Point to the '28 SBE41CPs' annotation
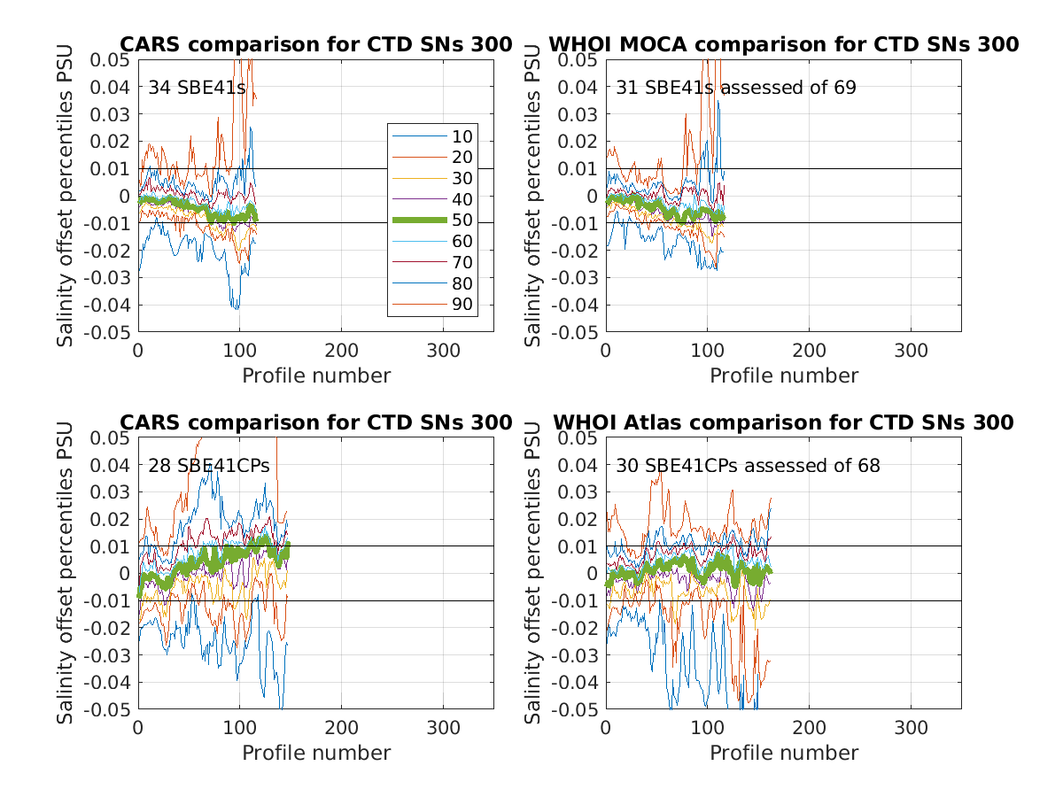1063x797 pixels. pyautogui.click(x=208, y=465)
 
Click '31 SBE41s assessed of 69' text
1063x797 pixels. pyautogui.click(x=736, y=88)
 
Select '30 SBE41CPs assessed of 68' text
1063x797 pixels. pyautogui.click(x=749, y=465)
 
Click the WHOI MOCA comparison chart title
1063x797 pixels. pyautogui.click(x=783, y=44)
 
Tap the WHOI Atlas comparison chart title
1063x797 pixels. pyautogui.click(x=783, y=422)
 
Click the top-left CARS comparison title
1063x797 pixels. pyautogui.click(x=316, y=44)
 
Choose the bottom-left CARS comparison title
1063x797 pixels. pyautogui.click(x=316, y=422)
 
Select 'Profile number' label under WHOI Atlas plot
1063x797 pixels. pyautogui.click(x=784, y=753)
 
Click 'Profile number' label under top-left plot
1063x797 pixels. pyautogui.click(x=316, y=375)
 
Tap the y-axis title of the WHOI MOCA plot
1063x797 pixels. pyautogui.click(x=533, y=195)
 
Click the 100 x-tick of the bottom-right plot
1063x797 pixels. pyautogui.click(x=707, y=728)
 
